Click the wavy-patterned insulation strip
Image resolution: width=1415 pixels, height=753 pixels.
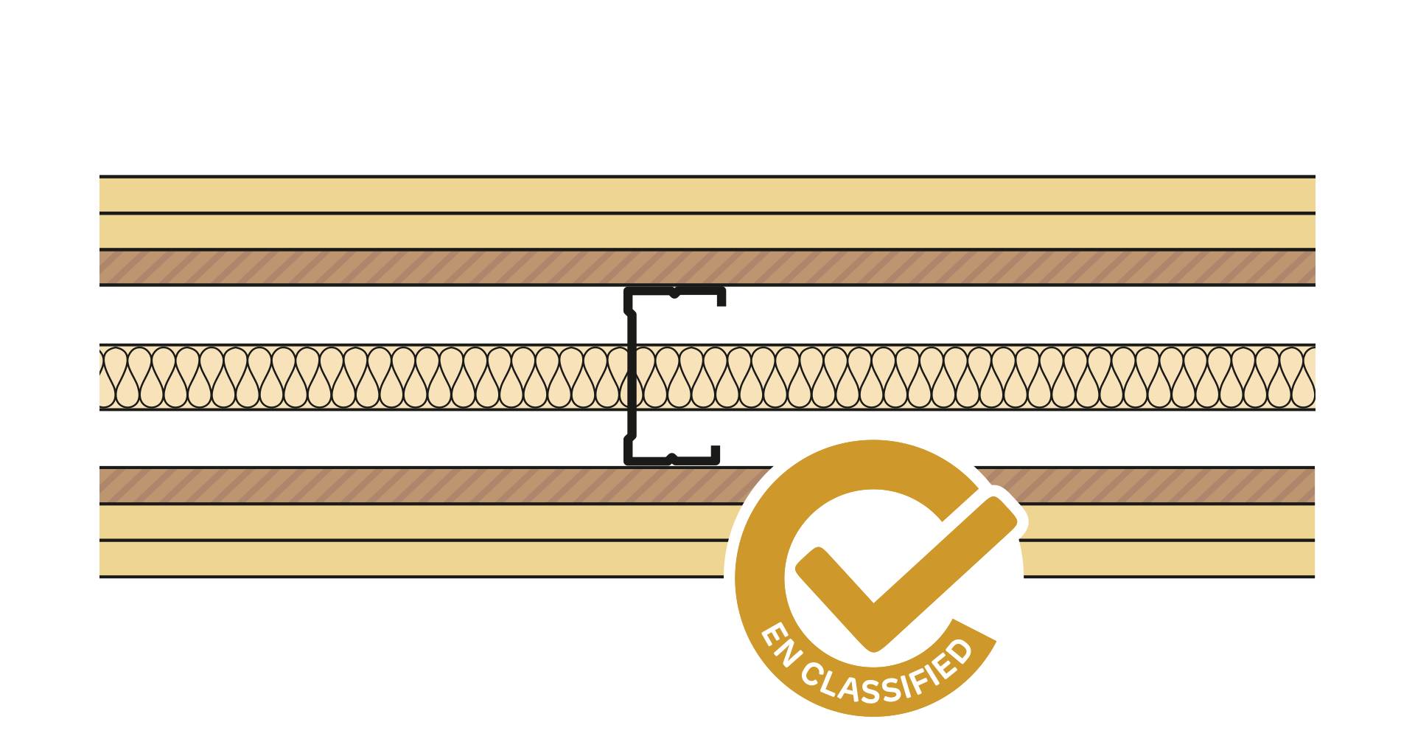point(368,377)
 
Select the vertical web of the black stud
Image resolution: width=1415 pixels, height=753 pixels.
point(632,376)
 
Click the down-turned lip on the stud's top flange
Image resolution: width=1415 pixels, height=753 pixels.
point(722,297)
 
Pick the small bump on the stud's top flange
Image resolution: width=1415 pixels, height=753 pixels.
point(674,294)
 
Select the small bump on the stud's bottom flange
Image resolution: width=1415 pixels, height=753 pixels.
point(671,458)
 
